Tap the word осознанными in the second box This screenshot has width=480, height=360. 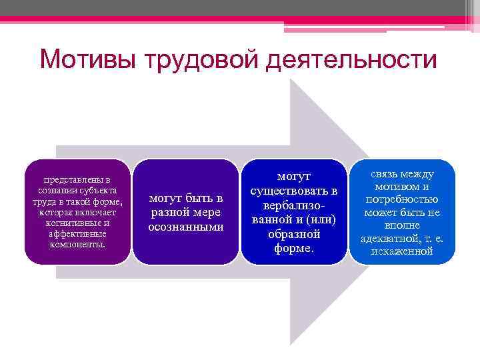[185, 227]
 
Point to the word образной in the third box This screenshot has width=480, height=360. [294, 235]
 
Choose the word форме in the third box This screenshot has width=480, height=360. [294, 249]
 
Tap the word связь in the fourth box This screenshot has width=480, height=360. [385, 174]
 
